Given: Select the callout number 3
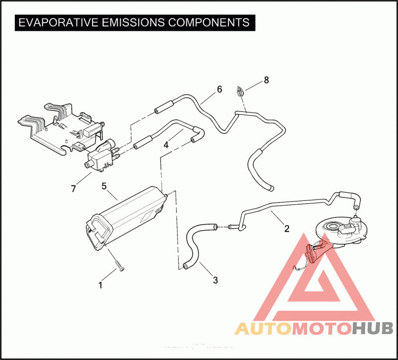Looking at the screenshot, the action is tap(215, 280).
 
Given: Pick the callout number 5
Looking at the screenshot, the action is tap(104, 186).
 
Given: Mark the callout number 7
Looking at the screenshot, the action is tap(74, 188).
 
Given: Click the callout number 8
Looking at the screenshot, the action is tap(266, 80).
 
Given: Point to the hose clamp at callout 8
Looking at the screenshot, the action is tap(240, 91).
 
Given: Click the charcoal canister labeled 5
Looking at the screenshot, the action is tap(127, 216).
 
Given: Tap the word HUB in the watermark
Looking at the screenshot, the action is tap(373, 329).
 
